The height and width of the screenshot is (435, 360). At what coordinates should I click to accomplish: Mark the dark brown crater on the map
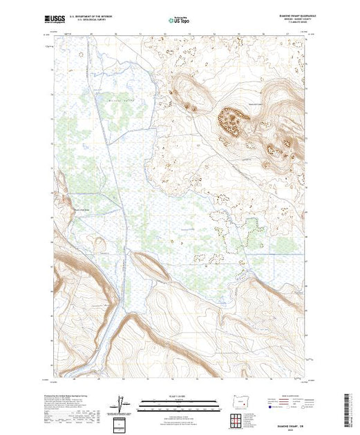(x=233, y=122)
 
